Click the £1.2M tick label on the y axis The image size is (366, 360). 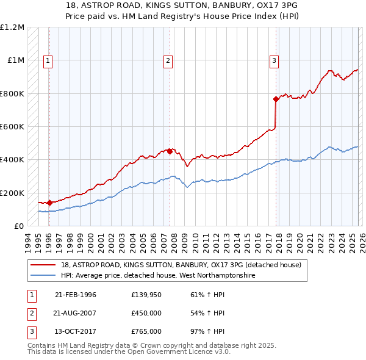pos(13,27)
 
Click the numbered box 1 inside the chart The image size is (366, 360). pos(48,60)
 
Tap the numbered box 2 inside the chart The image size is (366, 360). pos(168,60)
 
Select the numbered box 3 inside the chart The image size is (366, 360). pos(274,60)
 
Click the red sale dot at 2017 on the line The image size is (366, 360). pos(276,99)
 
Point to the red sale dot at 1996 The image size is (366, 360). pos(49,203)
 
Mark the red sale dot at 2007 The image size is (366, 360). pos(170,151)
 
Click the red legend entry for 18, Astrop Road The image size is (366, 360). pos(181,265)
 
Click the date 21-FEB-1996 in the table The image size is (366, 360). pos(76,295)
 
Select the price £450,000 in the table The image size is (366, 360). pos(146,313)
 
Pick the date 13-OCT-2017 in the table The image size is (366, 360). pos(76,331)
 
